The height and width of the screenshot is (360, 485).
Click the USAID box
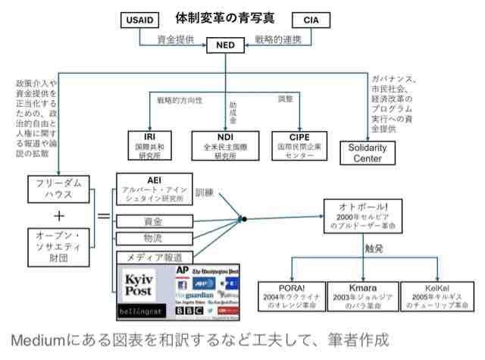pos(142,20)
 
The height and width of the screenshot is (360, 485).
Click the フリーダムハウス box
pos(55,189)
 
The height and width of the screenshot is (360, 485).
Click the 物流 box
pos(154,239)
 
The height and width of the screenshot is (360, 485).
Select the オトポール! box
pos(368,216)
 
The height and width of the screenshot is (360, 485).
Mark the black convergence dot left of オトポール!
pos(244,220)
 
